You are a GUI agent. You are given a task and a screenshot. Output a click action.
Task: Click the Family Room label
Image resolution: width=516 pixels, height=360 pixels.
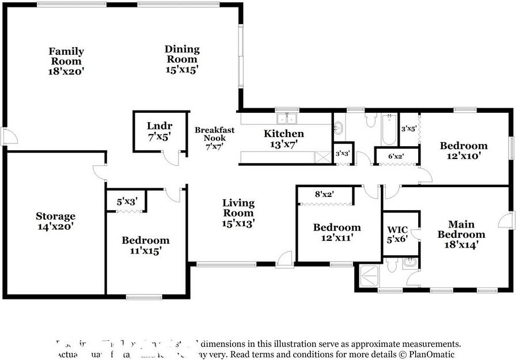(66, 61)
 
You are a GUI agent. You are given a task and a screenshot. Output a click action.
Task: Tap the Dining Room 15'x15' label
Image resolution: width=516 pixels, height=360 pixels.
(182, 59)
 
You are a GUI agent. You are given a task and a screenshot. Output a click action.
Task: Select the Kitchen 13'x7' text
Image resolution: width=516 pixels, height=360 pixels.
(283, 138)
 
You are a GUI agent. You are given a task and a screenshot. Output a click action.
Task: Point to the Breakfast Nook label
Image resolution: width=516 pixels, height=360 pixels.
(214, 138)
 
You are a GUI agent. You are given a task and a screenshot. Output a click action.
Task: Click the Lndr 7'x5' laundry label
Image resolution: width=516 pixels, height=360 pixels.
(160, 131)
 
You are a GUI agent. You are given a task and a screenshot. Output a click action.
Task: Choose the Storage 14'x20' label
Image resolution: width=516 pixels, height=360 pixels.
(56, 221)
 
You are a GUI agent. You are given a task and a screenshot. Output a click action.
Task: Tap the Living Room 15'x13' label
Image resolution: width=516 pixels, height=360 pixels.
(238, 213)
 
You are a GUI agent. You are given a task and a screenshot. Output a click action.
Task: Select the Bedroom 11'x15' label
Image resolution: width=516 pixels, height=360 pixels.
(146, 245)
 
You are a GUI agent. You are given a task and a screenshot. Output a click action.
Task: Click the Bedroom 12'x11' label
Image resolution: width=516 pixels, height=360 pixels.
(337, 232)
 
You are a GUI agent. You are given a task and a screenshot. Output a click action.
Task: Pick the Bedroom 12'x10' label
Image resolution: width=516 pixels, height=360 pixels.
(464, 150)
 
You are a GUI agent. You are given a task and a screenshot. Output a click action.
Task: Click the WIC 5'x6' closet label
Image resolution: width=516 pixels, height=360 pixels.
(397, 234)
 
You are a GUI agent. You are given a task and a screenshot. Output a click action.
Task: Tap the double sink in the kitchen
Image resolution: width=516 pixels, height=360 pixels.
(286, 119)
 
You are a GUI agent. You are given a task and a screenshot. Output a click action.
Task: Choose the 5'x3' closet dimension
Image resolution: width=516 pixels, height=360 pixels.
(127, 202)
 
